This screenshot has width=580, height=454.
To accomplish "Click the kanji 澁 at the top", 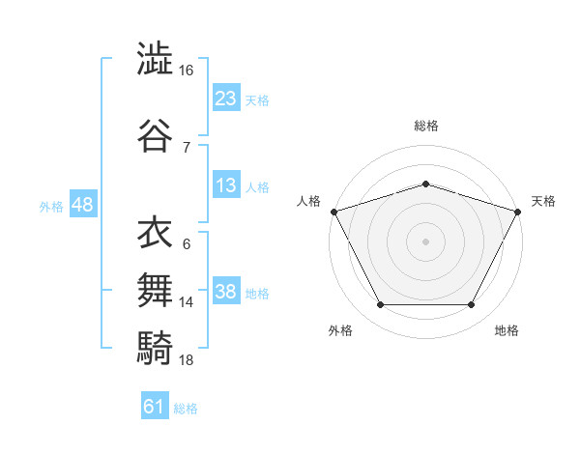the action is tap(155, 58).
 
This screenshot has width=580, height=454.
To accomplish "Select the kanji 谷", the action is tap(155, 135).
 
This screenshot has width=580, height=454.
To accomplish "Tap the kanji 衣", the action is tap(155, 232).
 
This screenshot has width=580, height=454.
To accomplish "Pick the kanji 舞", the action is tap(155, 290).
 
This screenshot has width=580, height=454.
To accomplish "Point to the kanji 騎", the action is tap(155, 348).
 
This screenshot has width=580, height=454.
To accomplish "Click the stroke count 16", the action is tap(186, 71).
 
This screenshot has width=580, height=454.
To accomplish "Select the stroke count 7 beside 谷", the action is tap(187, 148).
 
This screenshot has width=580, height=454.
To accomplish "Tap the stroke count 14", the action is tap(186, 302).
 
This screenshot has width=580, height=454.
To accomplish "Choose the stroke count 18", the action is tap(186, 360).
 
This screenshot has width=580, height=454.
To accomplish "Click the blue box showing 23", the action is tap(226, 98).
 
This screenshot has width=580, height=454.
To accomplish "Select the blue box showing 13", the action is tap(226, 184).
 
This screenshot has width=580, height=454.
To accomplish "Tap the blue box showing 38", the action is tap(226, 290).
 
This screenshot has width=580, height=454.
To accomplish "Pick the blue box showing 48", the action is tap(83, 204).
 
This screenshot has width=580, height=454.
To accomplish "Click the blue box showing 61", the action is tap(155, 405).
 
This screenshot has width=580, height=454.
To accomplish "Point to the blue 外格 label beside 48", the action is tap(51, 207).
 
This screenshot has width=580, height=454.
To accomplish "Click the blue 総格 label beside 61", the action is tap(186, 409).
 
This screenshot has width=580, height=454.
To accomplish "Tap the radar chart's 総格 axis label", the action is tap(426, 126).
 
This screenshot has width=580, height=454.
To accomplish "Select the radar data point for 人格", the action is tap(334, 212).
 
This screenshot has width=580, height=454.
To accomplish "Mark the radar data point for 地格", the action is tap(471, 304).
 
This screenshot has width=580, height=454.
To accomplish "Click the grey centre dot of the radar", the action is tap(425, 241).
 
